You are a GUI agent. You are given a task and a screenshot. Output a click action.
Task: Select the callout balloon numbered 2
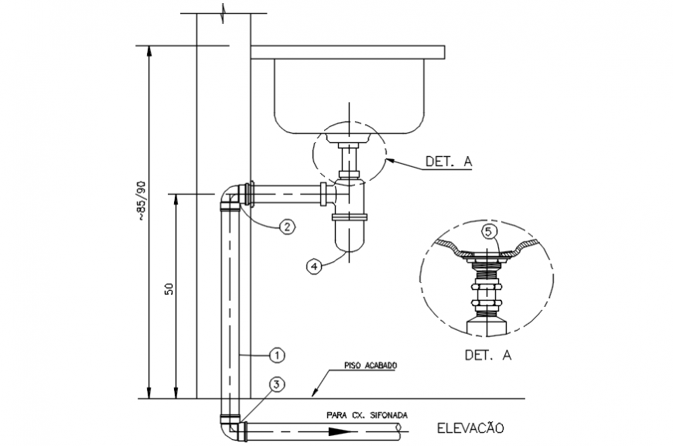(286, 226)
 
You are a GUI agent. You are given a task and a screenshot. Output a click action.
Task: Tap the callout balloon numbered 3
(278, 383)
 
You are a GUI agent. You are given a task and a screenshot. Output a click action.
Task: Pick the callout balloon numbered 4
(313, 265)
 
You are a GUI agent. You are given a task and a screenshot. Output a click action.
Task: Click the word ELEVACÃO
(470, 427)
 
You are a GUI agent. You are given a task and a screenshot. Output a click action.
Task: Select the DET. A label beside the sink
(448, 162)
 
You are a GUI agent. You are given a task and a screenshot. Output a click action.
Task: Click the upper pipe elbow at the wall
(230, 196)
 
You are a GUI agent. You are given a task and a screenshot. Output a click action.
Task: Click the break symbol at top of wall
(224, 14)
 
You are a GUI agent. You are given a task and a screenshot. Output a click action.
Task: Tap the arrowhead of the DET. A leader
(388, 158)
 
